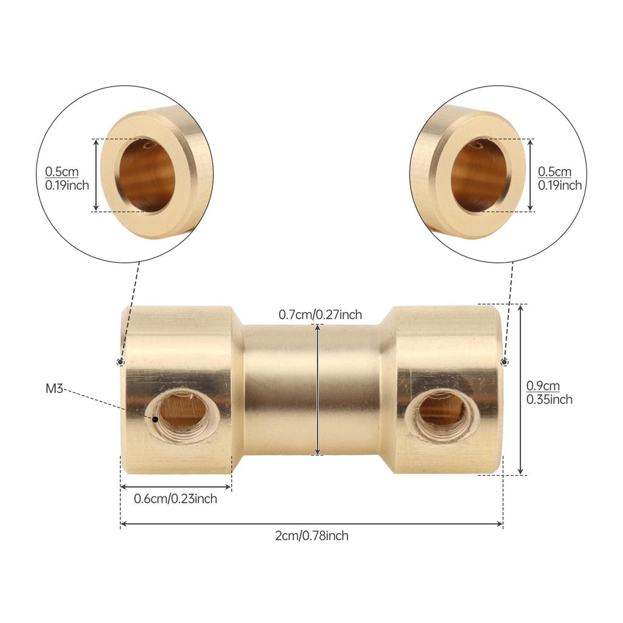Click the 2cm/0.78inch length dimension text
pyautogui.click(x=312, y=536)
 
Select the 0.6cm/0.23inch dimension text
pyautogui.click(x=175, y=499)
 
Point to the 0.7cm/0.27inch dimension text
pyautogui.click(x=320, y=315)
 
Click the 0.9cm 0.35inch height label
pyautogui.click(x=549, y=392)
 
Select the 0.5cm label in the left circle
pyautogui.click(x=61, y=172)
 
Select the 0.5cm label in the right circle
pyautogui.click(x=554, y=172)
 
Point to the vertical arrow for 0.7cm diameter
pyautogui.click(x=318, y=389)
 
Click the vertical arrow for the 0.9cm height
pyautogui.click(x=521, y=389)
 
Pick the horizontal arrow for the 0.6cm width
pyautogui.click(x=176, y=487)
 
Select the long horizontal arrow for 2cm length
pyautogui.click(x=311, y=524)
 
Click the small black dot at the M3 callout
pyautogui.click(x=155, y=419)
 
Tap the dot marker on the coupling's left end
pyautogui.click(x=120, y=362)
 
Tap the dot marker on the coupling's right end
pyautogui.click(x=504, y=362)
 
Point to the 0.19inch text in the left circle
pyautogui.click(x=66, y=186)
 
